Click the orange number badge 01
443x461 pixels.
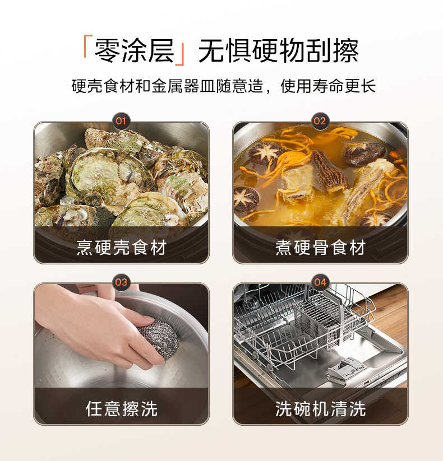121,121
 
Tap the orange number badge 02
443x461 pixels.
320,121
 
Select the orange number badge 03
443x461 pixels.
121,282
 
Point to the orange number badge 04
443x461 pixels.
320,282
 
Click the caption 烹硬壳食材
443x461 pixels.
121,247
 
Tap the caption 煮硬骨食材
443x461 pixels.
320,247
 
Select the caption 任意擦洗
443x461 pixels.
121,408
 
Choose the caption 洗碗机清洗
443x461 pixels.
320,408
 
